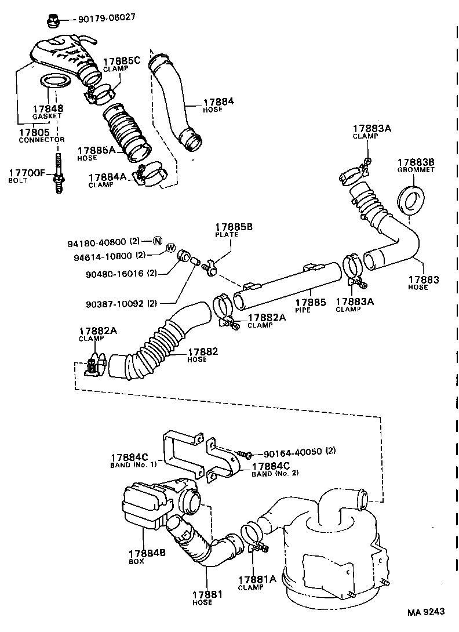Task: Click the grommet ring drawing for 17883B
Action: tap(413, 199)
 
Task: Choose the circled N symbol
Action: tap(157, 241)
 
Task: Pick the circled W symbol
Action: tap(170, 248)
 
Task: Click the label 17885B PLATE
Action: tap(234, 231)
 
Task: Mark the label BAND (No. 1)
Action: tap(132, 465)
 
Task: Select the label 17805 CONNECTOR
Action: tap(42, 136)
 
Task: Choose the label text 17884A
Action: tap(108, 177)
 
